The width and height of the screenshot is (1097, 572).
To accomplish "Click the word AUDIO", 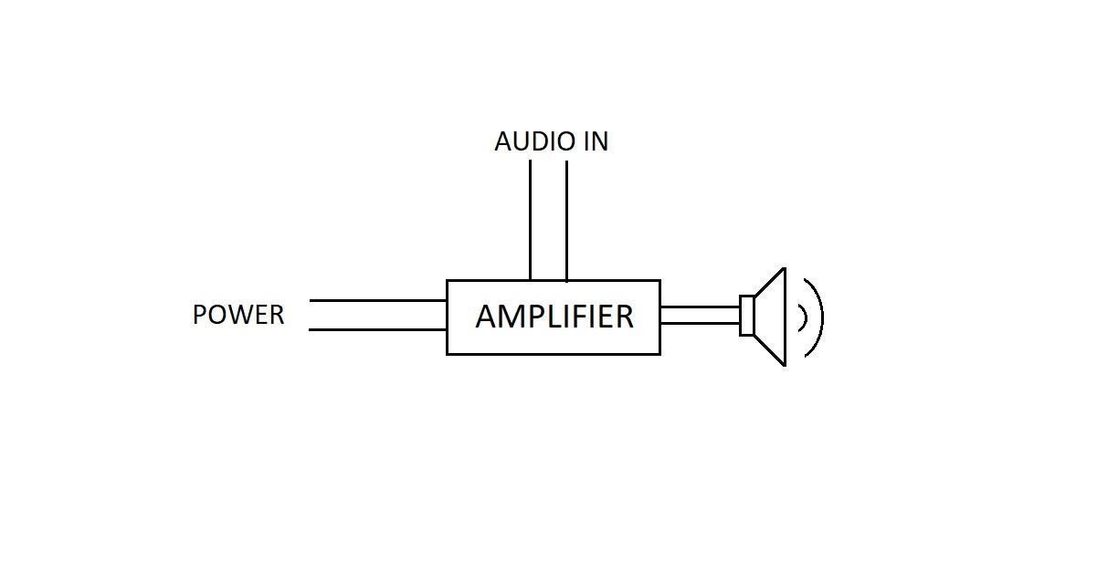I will coord(524,142).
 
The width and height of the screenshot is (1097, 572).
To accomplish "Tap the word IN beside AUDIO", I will coord(594,142).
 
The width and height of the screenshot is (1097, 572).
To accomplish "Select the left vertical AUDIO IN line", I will coord(530,220).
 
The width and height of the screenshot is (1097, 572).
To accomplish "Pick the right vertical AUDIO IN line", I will coord(566,220).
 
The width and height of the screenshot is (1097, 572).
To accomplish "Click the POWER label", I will coord(238,315).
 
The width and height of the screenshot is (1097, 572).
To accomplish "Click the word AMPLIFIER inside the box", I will coord(554,317).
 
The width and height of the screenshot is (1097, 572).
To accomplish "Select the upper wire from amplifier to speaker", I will coord(700,307).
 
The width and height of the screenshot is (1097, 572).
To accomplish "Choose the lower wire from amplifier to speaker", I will coord(700,324).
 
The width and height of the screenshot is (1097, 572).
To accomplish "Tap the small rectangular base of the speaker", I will coord(746,316).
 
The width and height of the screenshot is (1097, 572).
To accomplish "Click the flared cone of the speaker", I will coord(771,317).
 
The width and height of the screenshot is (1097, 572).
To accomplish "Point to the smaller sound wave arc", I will coord(804,317).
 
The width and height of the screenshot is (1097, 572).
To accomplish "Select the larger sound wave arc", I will coord(820,317).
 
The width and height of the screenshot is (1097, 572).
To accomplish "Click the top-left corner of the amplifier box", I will coord(447,280).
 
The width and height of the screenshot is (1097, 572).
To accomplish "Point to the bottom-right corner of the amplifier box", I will coord(659,353).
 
